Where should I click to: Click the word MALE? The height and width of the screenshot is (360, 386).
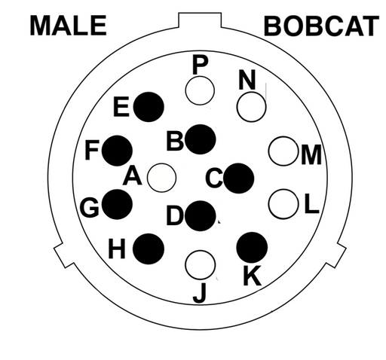[x=69, y=25]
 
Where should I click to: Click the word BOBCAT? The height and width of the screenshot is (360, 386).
[x=321, y=26]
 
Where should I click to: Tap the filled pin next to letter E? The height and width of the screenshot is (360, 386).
[x=149, y=107]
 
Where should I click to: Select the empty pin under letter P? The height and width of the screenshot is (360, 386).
[x=200, y=90]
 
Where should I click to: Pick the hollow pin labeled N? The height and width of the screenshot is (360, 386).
[x=251, y=107]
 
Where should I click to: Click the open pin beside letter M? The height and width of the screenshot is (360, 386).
[x=283, y=151]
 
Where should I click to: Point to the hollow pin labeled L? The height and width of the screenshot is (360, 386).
[x=283, y=204]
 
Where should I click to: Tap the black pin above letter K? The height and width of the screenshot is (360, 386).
[x=252, y=248]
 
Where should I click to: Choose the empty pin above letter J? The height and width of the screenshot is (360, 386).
[x=201, y=265]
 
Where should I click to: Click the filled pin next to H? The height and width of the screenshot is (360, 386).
[x=149, y=249]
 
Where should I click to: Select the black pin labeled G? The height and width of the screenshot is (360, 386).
[x=117, y=204]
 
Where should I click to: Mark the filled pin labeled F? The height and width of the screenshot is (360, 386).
[x=117, y=151]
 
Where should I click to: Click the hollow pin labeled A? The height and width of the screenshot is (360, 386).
[x=161, y=178]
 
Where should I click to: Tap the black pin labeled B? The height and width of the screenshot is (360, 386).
[x=201, y=139]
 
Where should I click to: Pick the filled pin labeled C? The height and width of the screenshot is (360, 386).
[x=238, y=178]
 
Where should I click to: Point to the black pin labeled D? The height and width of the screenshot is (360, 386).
[x=201, y=216]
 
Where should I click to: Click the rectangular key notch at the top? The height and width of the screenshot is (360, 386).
[x=200, y=20]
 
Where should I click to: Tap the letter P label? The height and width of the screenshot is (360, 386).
[x=201, y=65]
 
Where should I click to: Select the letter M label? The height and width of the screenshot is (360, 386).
[x=311, y=155]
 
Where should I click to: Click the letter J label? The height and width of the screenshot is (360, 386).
[x=200, y=293]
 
